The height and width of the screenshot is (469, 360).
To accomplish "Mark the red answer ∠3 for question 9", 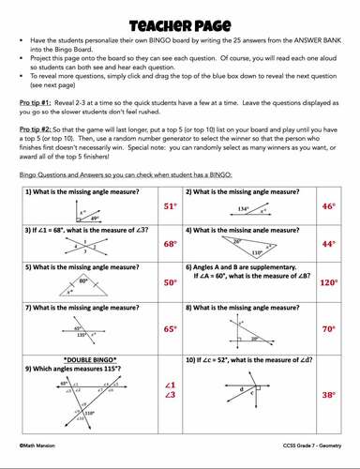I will coord(170,396).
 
